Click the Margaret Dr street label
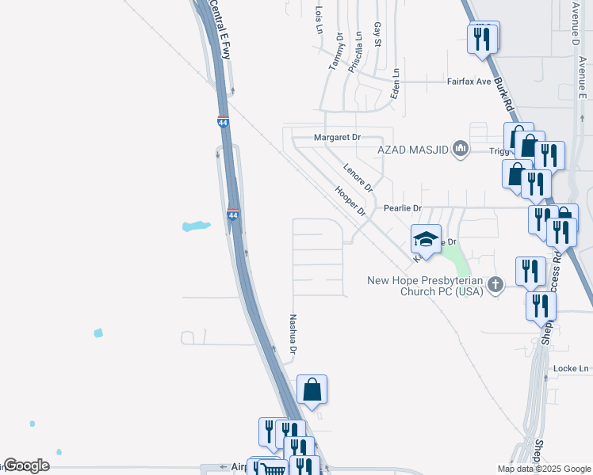click(x=337, y=137)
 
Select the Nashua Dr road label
click(x=293, y=333)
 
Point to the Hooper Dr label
click(x=350, y=202)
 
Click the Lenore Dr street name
click(x=358, y=178)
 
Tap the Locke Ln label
click(x=572, y=369)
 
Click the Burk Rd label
click(x=504, y=93)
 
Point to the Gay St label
click(x=378, y=34)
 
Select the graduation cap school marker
click(x=426, y=239)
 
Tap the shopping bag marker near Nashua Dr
click(x=312, y=389)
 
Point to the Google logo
click(x=25, y=465)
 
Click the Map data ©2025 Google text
click(x=544, y=469)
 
